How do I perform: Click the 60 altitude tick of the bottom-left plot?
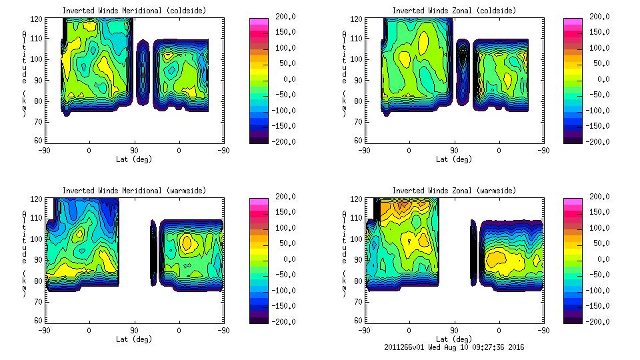pyautogui.click(x=39, y=321)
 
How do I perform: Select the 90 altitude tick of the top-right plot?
pyautogui.click(x=359, y=80)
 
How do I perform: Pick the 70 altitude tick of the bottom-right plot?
pyautogui.click(x=359, y=301)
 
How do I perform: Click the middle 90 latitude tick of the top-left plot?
pyautogui.click(x=134, y=150)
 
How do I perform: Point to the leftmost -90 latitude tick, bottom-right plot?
pyautogui.click(x=364, y=330)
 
